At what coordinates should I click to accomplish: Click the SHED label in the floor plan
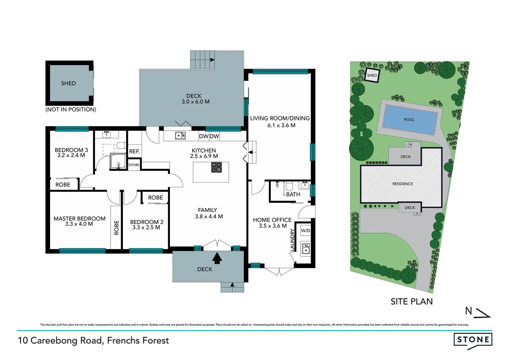[x=68, y=83]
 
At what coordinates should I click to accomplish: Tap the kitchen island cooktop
[x=217, y=167]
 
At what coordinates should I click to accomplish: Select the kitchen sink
[x=180, y=136]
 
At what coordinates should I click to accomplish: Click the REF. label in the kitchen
[x=134, y=151]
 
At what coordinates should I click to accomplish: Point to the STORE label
[x=134, y=165]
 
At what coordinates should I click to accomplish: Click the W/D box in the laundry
[x=305, y=230]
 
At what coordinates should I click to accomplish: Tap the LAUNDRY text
[x=292, y=240]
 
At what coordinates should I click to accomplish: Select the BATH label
[x=293, y=194]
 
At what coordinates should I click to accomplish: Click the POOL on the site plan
[x=409, y=120]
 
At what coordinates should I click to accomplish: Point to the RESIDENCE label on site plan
[x=402, y=184]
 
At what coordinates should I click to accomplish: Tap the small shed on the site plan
[x=372, y=75]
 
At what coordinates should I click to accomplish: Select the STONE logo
[x=473, y=340]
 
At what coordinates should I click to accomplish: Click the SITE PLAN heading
[x=411, y=301]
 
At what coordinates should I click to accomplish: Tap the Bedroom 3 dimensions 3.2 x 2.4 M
[x=71, y=155]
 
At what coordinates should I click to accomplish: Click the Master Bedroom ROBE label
[x=116, y=228]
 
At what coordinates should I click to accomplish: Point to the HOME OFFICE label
[x=272, y=220]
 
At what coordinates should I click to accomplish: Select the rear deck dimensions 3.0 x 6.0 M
[x=196, y=102]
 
